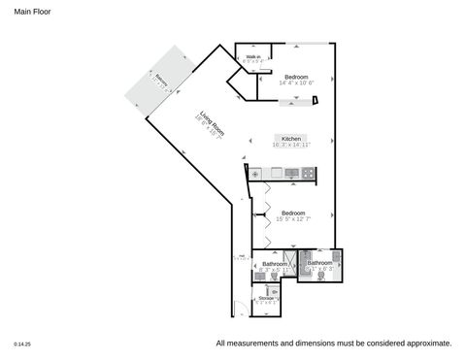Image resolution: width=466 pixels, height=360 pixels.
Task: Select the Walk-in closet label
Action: click(253, 58)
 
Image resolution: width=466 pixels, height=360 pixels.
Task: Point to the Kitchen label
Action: click(291, 140)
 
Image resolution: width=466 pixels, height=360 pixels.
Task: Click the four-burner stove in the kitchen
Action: click(308, 174)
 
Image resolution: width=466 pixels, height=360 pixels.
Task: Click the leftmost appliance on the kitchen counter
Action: click(256, 174)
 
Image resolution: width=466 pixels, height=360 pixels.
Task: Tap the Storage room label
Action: click(266, 298)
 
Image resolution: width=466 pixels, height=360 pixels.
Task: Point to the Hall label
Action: click(239, 257)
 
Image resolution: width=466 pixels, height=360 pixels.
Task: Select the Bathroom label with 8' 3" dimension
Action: click(275, 264)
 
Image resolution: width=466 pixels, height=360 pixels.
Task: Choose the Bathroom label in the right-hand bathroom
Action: click(319, 263)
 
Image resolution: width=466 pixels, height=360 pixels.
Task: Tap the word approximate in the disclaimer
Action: click(427, 344)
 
